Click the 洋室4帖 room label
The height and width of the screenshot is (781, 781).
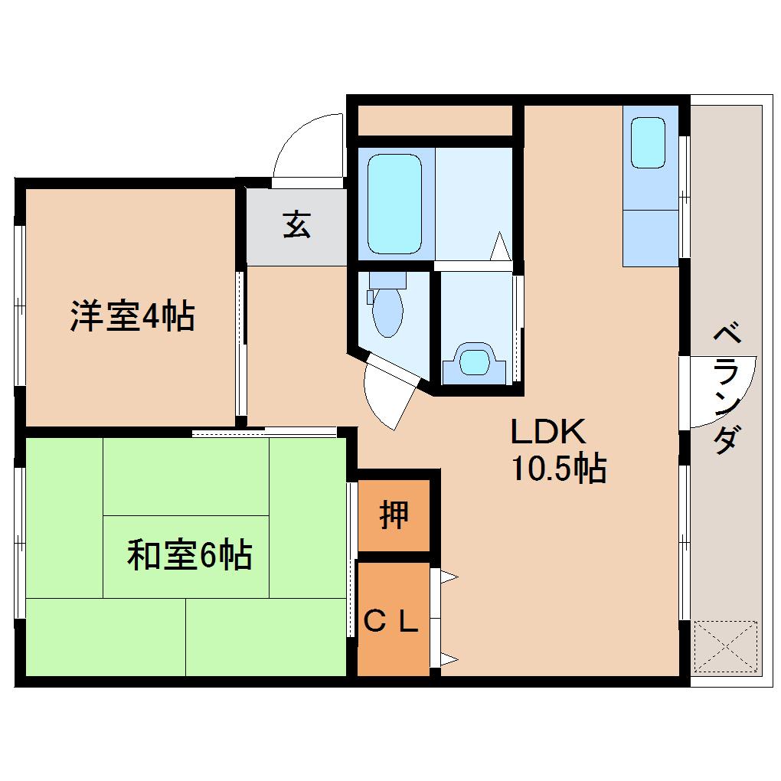(132, 316)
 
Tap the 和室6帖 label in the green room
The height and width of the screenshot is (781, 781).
(189, 555)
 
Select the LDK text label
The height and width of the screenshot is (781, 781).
(548, 433)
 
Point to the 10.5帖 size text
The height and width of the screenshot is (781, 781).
(558, 468)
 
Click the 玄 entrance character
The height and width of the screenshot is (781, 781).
(297, 224)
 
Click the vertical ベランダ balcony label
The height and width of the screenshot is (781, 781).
(727, 389)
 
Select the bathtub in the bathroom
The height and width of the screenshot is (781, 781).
(394, 203)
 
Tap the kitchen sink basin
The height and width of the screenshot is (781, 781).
(648, 142)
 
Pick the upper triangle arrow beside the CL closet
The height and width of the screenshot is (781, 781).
(448, 577)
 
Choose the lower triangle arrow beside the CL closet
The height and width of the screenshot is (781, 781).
(448, 657)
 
